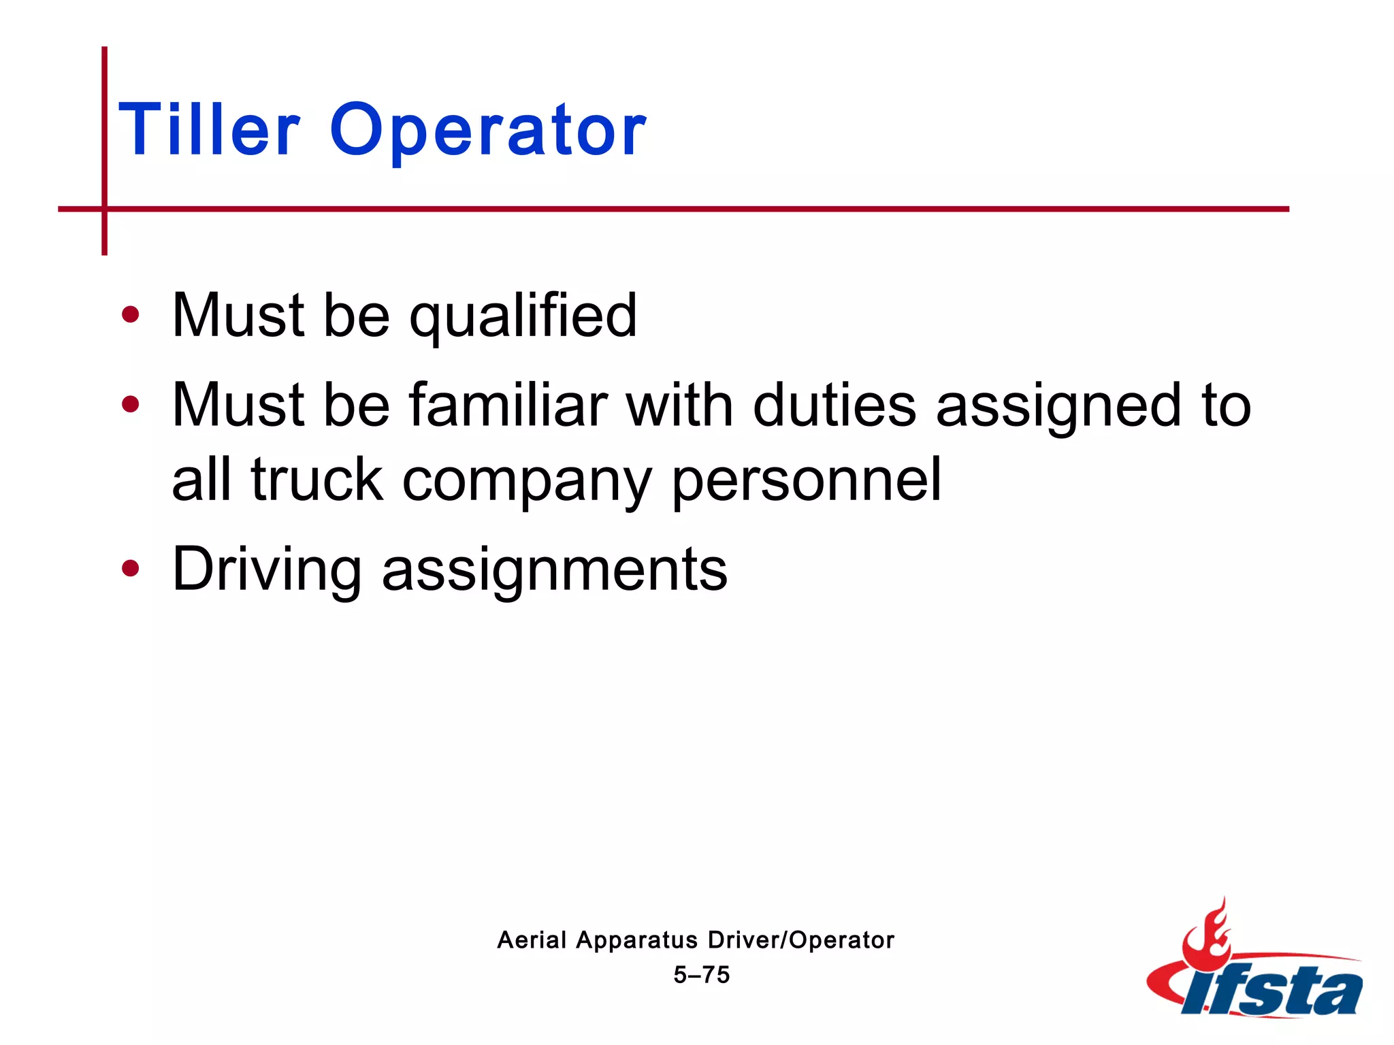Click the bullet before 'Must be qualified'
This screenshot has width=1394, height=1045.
[x=130, y=315]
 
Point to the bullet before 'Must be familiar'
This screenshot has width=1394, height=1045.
[x=130, y=405]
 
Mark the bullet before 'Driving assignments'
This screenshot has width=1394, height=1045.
[x=130, y=568]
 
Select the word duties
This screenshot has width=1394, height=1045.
[x=834, y=405]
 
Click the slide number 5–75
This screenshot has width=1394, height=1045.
[x=702, y=975]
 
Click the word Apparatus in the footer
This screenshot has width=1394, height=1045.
[x=637, y=941]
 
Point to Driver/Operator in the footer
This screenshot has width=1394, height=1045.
[x=800, y=940]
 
